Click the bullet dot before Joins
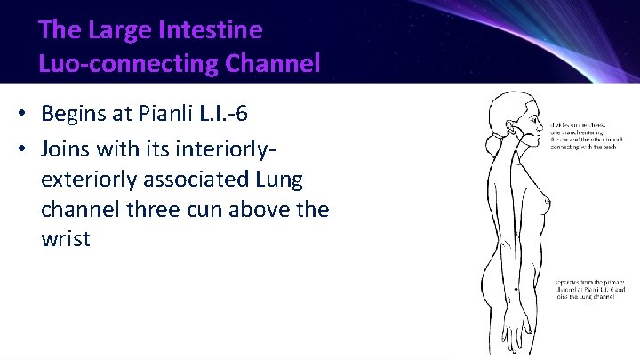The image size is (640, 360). point(21,148)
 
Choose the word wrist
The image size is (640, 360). point(66,240)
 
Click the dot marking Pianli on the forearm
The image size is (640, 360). point(516,289)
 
